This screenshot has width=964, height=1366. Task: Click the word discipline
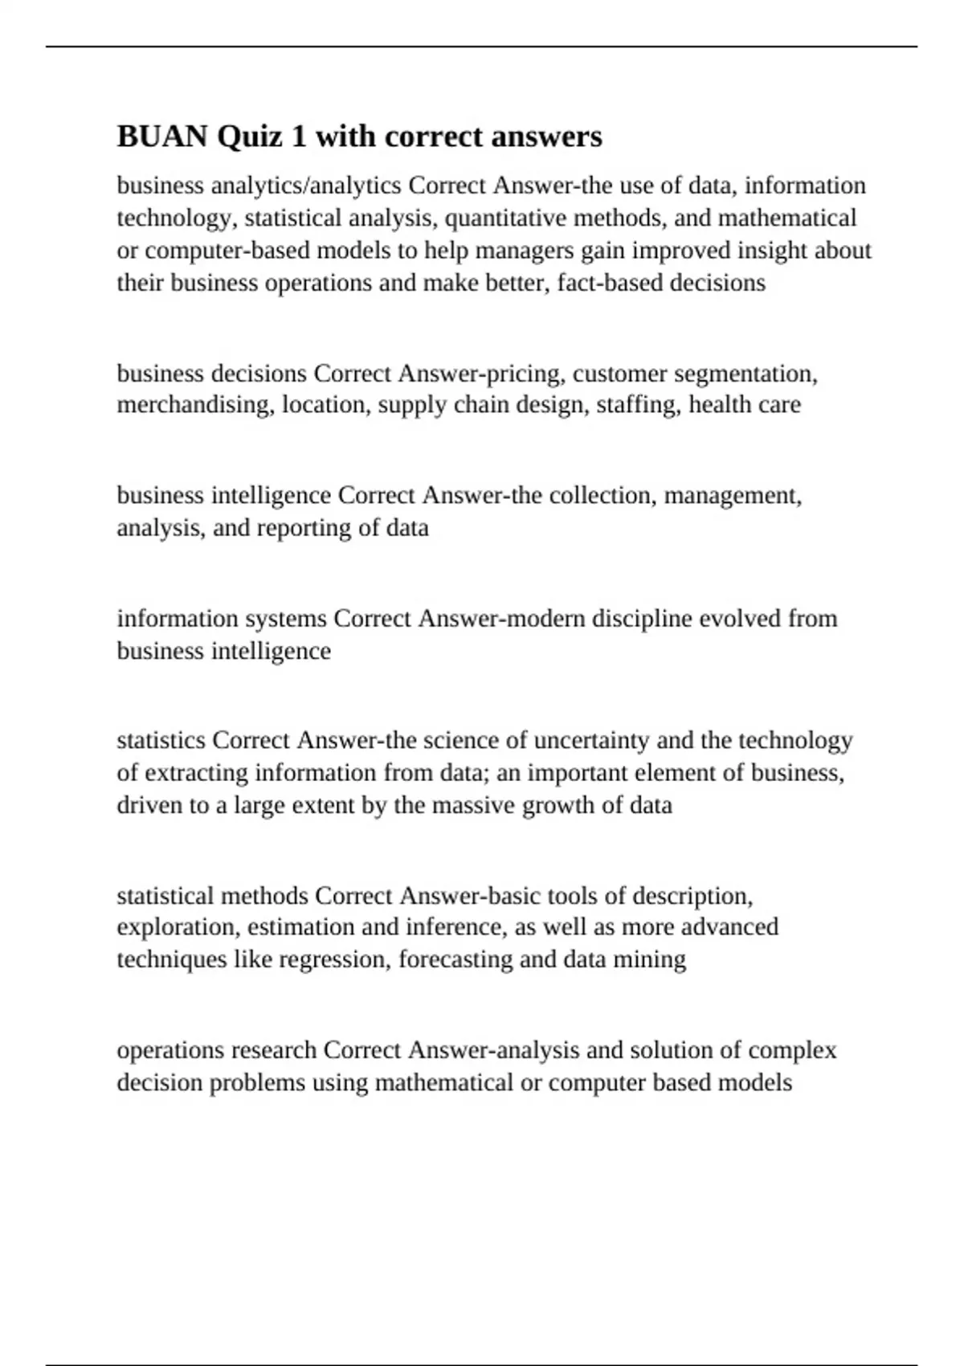(x=641, y=619)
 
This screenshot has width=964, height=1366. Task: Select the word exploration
(x=178, y=927)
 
